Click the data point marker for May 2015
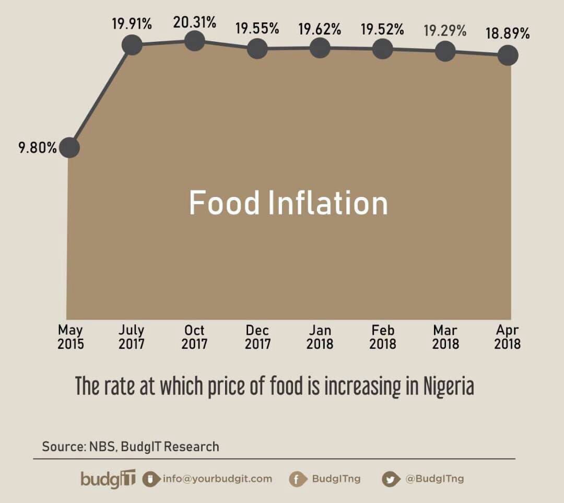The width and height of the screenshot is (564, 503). coord(69,148)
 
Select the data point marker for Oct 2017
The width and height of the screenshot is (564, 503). coord(194,41)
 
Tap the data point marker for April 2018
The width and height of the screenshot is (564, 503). coord(508,54)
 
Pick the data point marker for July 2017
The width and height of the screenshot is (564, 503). coord(132,45)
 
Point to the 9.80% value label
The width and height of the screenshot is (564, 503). coord(38,148)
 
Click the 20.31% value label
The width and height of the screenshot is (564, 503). coord(194,22)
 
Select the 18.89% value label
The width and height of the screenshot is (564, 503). coord(508,34)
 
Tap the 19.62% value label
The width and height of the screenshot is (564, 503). coord(320,29)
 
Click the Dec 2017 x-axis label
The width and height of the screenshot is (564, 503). coord(257,337)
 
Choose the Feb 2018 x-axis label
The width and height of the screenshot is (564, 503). coord(383,337)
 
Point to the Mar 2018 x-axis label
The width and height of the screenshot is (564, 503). coord(445,337)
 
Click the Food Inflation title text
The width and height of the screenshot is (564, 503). coord(288,203)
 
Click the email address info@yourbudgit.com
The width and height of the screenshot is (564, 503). coord(217,478)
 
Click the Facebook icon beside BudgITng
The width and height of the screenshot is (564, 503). coord(297,479)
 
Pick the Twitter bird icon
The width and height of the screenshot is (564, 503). coord(390,479)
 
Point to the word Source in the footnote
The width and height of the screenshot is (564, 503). coord(60,447)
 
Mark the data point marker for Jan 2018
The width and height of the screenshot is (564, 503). coord(320,49)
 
